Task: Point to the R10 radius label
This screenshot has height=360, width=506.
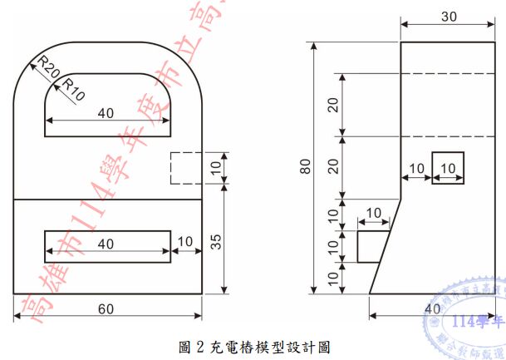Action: pos(73,86)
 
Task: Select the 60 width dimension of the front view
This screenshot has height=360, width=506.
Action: pos(106,309)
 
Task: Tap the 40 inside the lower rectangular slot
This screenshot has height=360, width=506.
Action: pos(106,244)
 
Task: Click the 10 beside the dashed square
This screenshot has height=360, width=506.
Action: pos(215,167)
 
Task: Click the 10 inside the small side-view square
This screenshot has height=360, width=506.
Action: pos(448,168)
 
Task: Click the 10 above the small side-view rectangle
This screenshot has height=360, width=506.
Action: pos(374,214)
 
